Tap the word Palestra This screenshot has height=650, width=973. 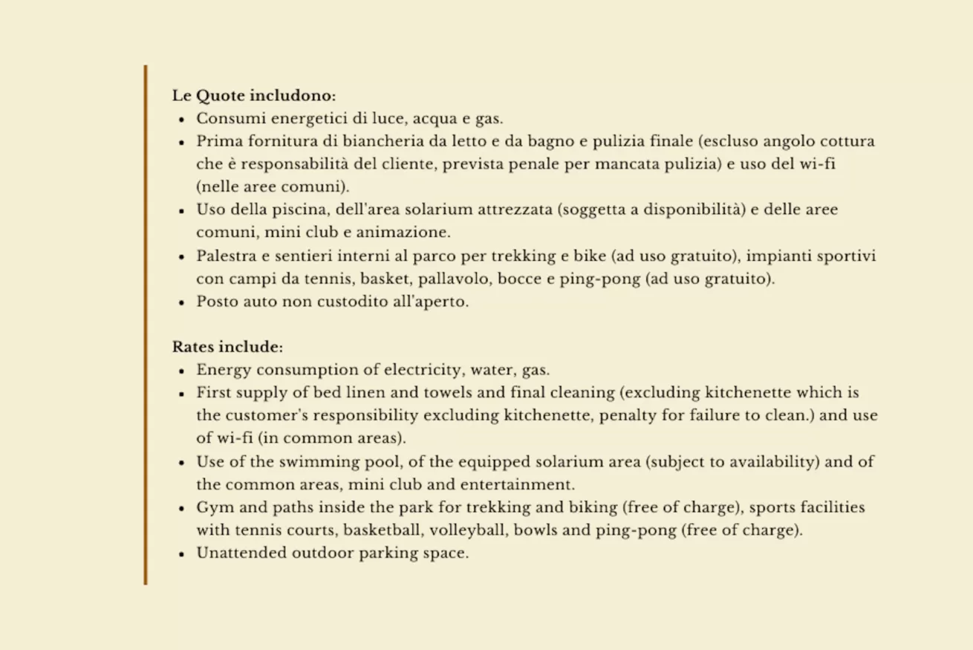[226, 256]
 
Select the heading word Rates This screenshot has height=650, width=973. [193, 347]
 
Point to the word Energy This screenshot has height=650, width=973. [223, 370]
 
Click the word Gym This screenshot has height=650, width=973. [212, 508]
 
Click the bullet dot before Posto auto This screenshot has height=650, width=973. [181, 303]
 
